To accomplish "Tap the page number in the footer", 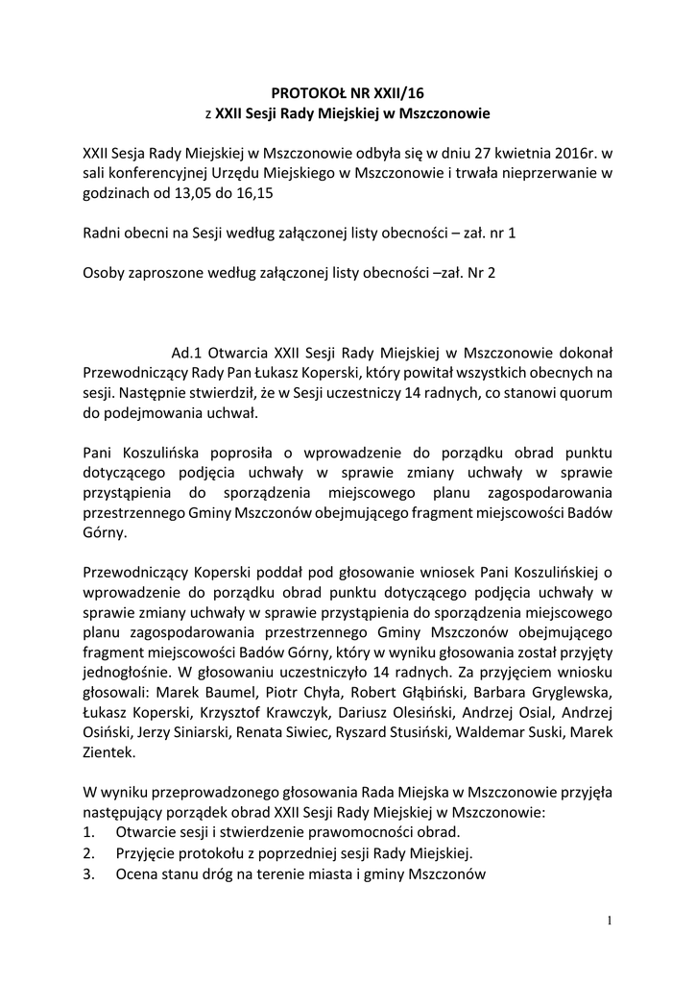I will (x=608, y=922).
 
